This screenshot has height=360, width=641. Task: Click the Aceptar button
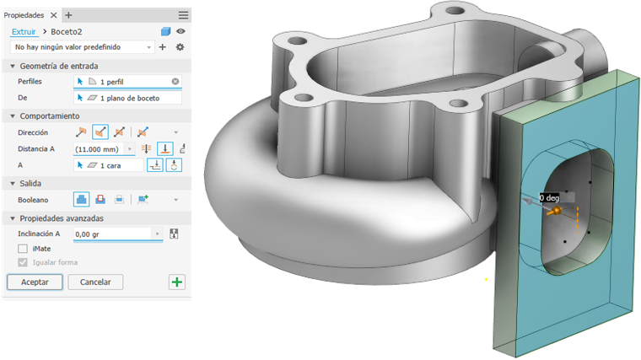[x=35, y=282]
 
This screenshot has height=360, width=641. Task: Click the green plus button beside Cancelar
[x=177, y=282]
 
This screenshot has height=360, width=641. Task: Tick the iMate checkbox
[x=23, y=249]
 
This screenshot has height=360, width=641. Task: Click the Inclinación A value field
[x=112, y=234]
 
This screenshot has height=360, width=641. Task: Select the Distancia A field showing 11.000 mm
[x=98, y=149]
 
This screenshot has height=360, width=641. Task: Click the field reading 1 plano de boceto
[x=127, y=98]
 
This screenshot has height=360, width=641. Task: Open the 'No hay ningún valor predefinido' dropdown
[x=82, y=47]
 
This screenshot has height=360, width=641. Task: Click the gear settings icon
[x=180, y=47]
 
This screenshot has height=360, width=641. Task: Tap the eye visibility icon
[x=180, y=31]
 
